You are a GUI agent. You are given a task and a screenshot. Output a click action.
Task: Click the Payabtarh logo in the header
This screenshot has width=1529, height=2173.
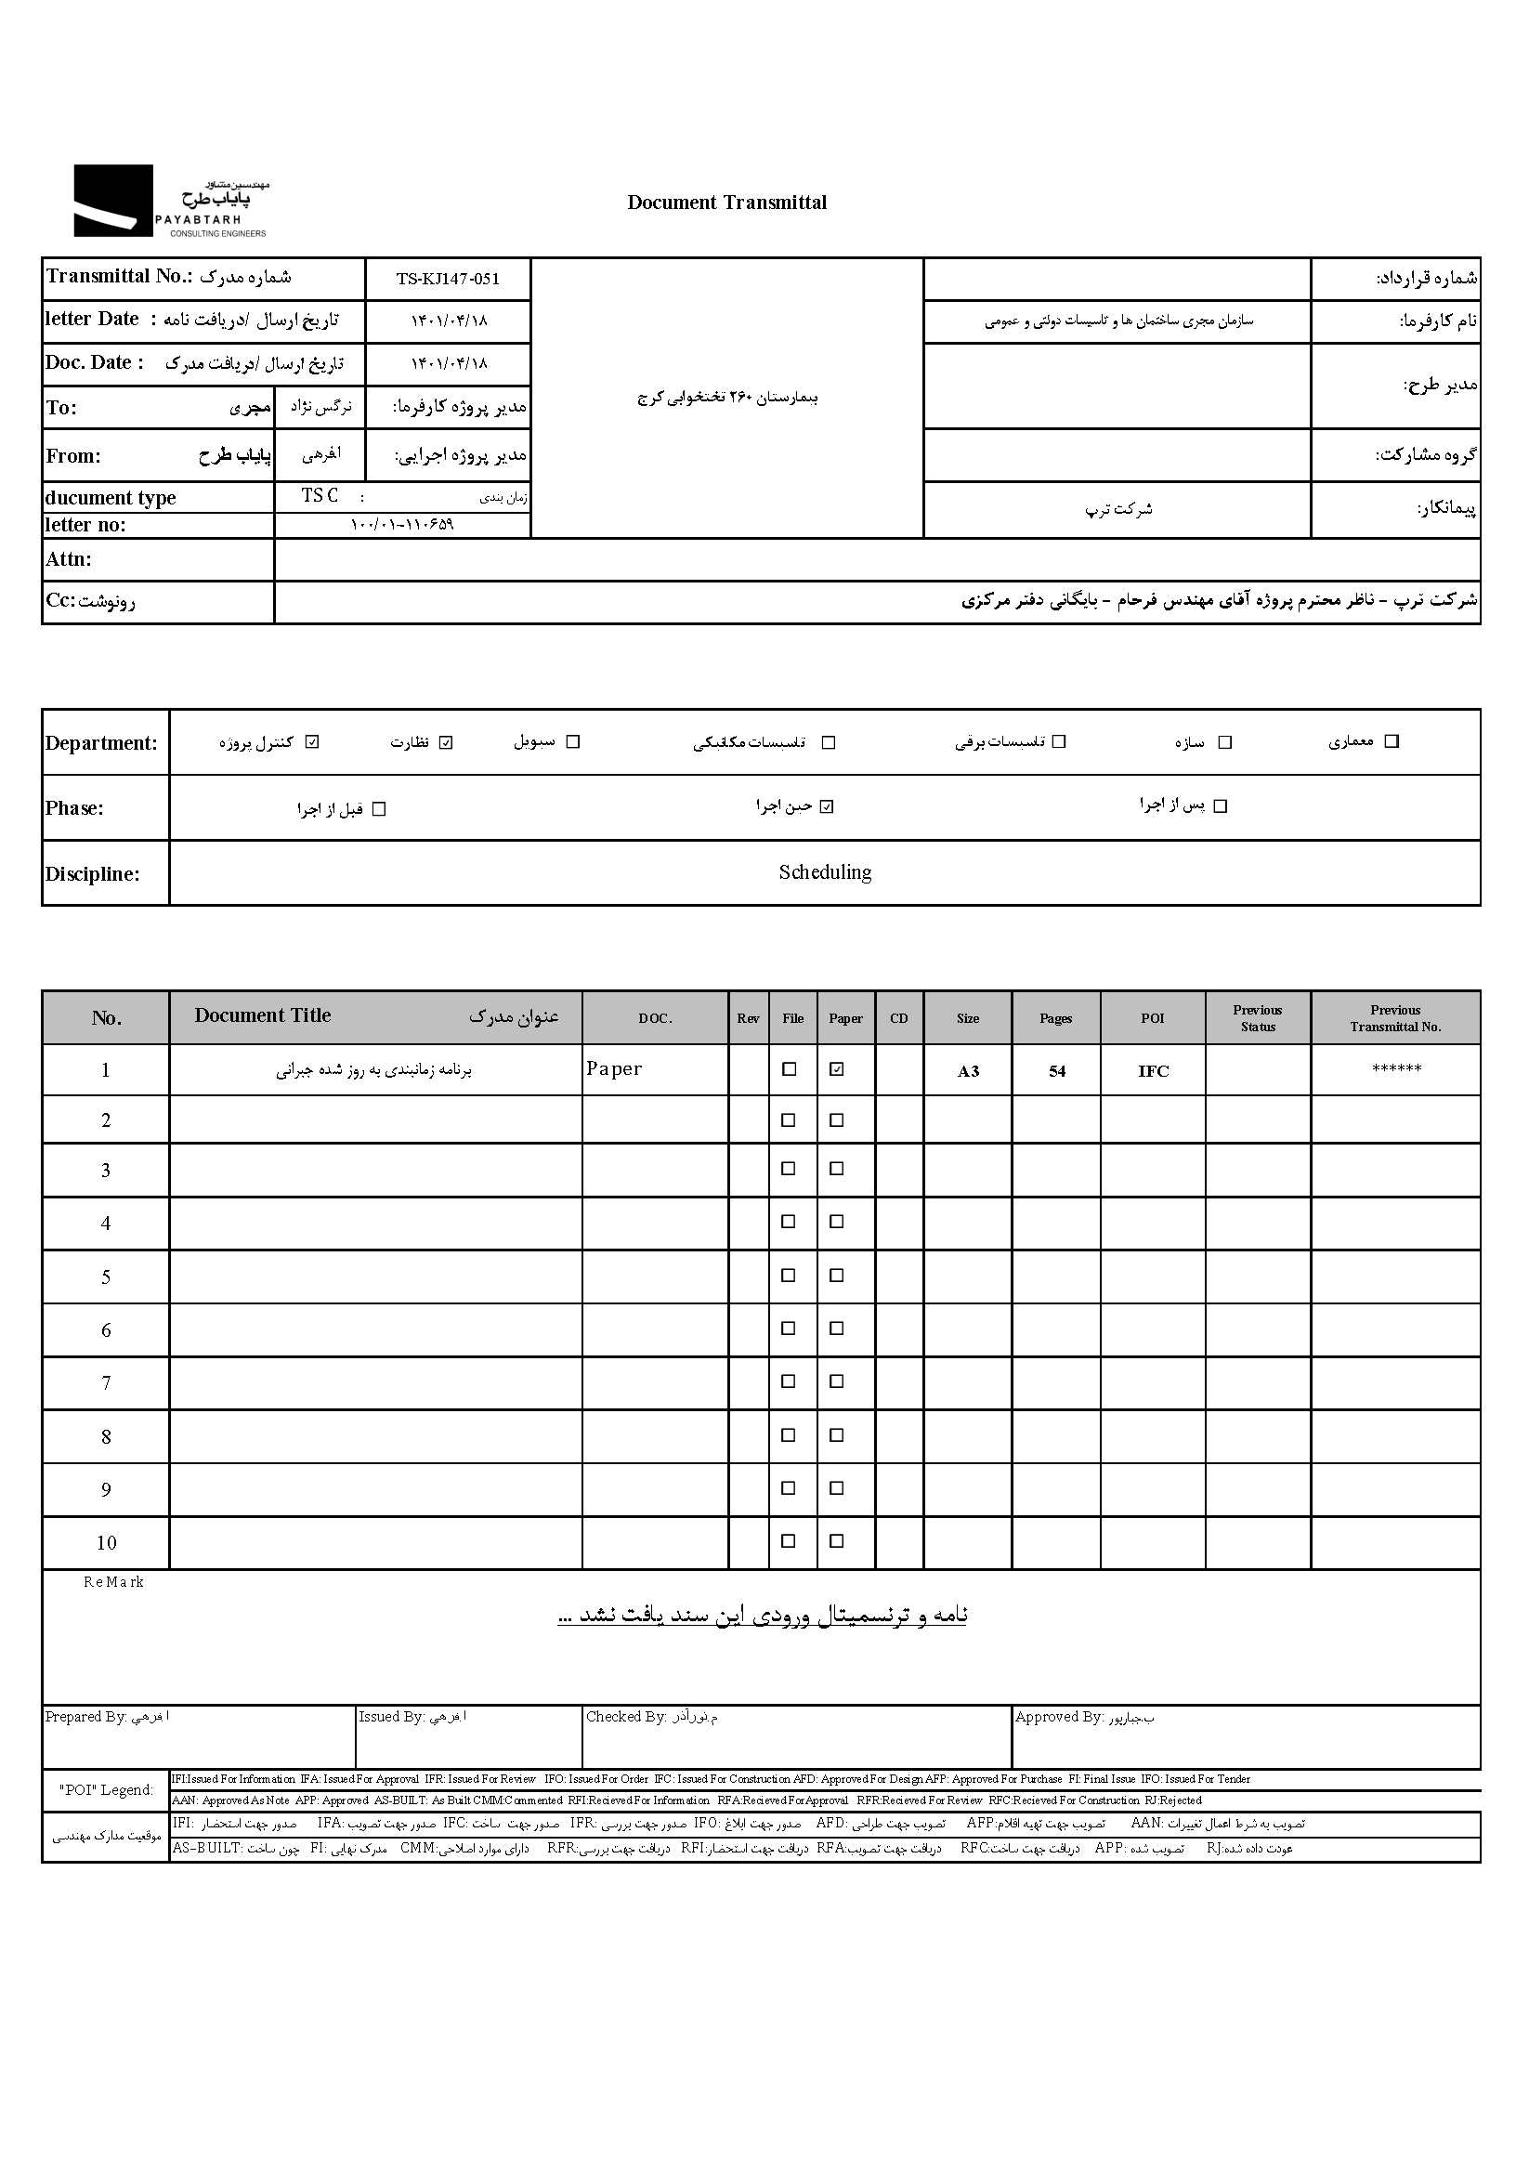pyautogui.click(x=170, y=201)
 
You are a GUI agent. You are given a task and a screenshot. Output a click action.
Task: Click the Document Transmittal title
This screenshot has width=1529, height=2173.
pyautogui.click(x=726, y=203)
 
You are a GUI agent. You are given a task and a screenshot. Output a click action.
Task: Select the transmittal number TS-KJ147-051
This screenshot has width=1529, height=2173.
pyautogui.click(x=448, y=280)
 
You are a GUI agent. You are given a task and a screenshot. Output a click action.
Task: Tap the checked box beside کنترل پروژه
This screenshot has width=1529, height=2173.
pyautogui.click(x=313, y=742)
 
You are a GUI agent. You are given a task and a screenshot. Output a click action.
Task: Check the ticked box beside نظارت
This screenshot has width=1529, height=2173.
pyautogui.click(x=447, y=742)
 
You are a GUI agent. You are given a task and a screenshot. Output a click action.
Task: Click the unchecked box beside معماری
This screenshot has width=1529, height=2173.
pyautogui.click(x=1391, y=741)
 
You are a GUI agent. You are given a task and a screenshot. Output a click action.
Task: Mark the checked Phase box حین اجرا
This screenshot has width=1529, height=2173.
pyautogui.click(x=827, y=806)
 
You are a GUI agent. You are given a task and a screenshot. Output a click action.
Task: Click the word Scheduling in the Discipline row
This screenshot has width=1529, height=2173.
pyautogui.click(x=825, y=872)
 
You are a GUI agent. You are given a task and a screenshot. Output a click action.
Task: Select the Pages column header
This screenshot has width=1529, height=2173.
pyautogui.click(x=1056, y=1018)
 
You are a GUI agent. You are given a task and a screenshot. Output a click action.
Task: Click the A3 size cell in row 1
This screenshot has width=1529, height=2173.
pyautogui.click(x=968, y=1071)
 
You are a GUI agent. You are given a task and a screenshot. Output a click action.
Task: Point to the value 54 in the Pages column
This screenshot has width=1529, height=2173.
pyautogui.click(x=1057, y=1071)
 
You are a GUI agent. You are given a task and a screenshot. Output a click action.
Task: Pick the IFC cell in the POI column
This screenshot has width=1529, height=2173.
pyautogui.click(x=1154, y=1071)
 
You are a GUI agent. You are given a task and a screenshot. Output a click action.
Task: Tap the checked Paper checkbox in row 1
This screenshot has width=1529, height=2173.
pyautogui.click(x=836, y=1069)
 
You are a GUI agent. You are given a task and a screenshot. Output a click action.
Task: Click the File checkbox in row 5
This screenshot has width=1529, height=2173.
pyautogui.click(x=788, y=1276)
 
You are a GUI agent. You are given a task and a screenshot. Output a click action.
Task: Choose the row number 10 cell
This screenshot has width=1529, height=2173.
pyautogui.click(x=106, y=1544)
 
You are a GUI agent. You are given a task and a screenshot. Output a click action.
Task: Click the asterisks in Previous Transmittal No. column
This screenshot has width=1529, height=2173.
pyautogui.click(x=1395, y=1069)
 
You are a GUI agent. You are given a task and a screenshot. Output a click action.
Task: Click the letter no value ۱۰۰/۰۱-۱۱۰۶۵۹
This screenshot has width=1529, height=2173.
pyautogui.click(x=402, y=524)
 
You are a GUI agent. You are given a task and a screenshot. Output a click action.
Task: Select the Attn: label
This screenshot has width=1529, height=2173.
pyautogui.click(x=69, y=559)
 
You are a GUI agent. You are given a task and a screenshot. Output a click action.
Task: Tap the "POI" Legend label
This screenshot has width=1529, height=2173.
pyautogui.click(x=105, y=1789)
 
